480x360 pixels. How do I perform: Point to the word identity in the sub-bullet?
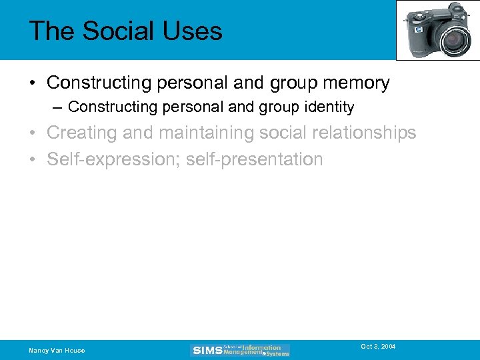(x=327, y=107)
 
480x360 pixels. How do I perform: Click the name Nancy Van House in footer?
(x=57, y=351)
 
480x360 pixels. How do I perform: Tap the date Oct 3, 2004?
(x=378, y=347)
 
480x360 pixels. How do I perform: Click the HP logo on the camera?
(x=419, y=30)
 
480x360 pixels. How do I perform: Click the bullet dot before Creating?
(x=33, y=133)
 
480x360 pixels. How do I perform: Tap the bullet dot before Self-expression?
(x=33, y=160)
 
